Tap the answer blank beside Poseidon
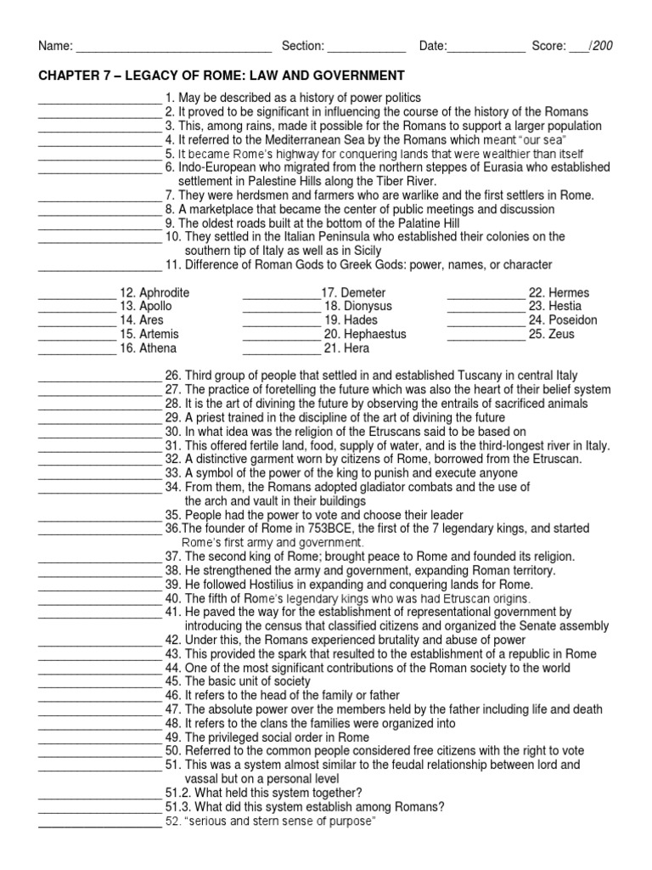(486, 320)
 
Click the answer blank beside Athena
(76, 348)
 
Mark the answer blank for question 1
(98, 99)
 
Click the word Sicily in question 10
(363, 251)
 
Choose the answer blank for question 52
(98, 822)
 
